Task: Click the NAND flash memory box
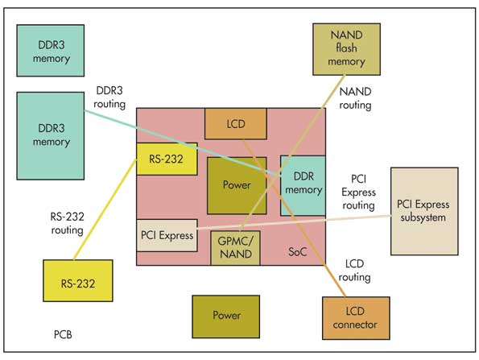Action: (346, 49)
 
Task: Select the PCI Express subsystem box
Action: (424, 211)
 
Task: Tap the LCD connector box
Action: (356, 318)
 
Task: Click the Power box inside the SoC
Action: (237, 185)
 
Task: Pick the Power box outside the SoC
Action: (225, 317)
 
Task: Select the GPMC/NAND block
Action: (236, 248)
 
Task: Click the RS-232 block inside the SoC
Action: (167, 159)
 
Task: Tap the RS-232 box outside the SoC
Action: (78, 280)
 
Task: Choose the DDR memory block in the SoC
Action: (303, 185)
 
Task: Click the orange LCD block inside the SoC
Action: (236, 124)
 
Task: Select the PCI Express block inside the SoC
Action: (167, 235)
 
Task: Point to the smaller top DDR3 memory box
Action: (51, 51)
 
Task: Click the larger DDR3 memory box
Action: (51, 135)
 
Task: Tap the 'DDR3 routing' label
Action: (109, 97)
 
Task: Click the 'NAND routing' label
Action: (355, 98)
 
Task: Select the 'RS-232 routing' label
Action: (67, 223)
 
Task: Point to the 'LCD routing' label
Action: (354, 271)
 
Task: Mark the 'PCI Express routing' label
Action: (358, 192)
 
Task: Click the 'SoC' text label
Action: (297, 252)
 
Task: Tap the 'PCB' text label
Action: (63, 335)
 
